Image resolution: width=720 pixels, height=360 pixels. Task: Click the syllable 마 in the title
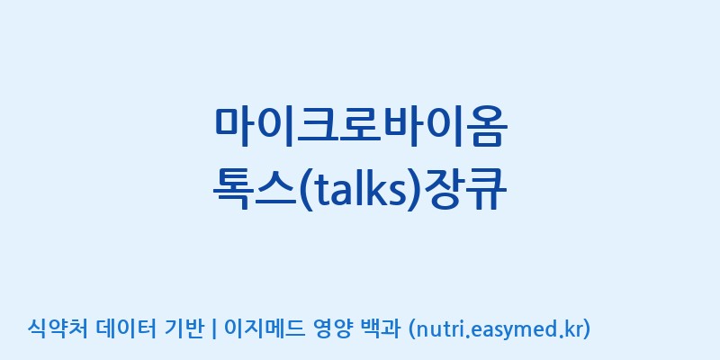coord(234,127)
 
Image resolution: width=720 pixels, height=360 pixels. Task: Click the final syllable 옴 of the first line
coord(487,127)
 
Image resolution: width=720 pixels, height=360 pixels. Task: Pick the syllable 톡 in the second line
coord(234,190)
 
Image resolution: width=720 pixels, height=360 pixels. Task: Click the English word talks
coord(359,189)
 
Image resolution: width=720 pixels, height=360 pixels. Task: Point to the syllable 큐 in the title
coord(487,190)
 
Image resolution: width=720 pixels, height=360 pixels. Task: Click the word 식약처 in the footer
coord(57,328)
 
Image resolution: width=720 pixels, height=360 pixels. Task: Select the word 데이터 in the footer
coord(127,328)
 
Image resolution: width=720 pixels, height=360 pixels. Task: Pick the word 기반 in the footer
coord(184,328)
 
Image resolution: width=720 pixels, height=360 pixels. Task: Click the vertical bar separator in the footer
coord(214,329)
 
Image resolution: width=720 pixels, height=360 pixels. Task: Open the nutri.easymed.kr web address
coord(499,329)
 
